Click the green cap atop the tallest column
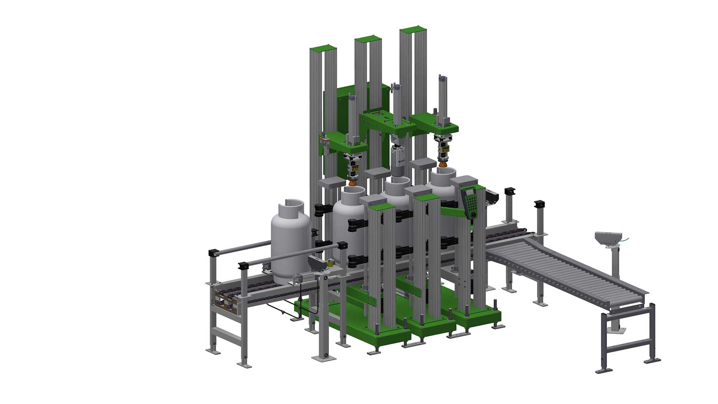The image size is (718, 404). tap(413, 29)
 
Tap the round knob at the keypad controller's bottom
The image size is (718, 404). tap(473, 214)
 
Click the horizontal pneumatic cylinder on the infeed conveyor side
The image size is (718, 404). tap(307, 279)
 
